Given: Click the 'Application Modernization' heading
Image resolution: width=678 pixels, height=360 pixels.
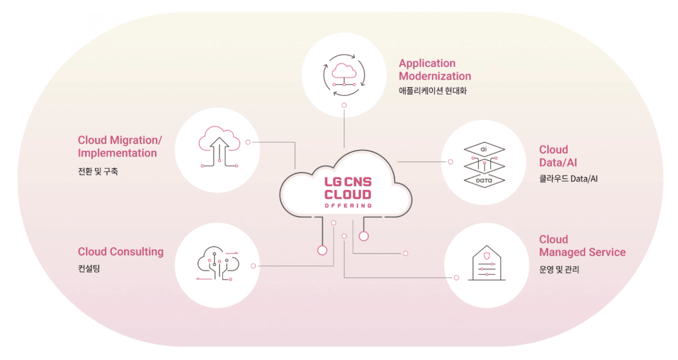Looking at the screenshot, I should [435, 69].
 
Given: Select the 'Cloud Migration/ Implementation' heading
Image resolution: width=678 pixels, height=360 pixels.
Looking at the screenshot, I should [120, 146].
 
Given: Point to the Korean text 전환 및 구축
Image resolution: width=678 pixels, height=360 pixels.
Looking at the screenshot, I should [98, 172].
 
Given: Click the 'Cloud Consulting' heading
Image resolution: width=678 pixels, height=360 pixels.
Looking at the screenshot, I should [121, 252].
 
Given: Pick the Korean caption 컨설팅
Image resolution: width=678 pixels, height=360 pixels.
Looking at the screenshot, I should [89, 269].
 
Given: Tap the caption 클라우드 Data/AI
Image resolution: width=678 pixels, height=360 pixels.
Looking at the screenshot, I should [568, 179].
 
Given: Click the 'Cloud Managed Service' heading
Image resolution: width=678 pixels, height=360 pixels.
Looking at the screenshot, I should [582, 246].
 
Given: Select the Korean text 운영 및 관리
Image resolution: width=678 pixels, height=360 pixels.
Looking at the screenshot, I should [559, 269].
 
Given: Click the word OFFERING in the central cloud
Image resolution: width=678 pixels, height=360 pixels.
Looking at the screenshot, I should [348, 205].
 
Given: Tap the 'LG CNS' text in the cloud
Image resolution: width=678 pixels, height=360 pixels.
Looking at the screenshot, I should [348, 182].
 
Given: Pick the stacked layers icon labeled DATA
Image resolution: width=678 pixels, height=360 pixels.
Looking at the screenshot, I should [484, 165].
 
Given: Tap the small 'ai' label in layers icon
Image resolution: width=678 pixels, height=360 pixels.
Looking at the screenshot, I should [484, 148].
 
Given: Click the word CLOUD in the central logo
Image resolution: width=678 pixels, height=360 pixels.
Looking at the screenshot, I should [348, 194].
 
